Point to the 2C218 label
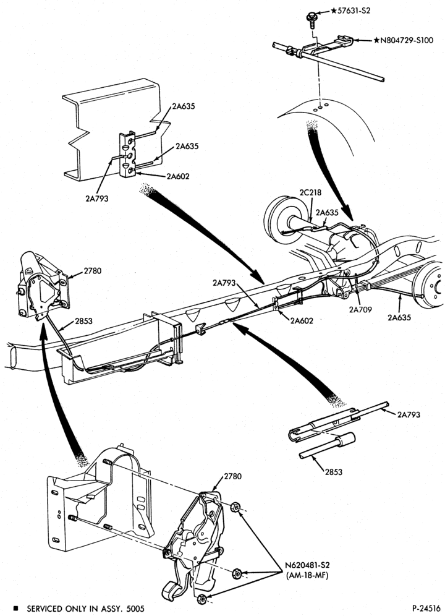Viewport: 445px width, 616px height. [x=310, y=193]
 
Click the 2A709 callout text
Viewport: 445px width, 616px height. [x=360, y=309]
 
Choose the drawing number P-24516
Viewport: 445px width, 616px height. [x=426, y=609]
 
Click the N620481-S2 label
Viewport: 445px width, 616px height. [x=307, y=565]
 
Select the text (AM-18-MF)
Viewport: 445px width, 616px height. [x=307, y=576]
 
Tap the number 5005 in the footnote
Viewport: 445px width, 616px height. [x=135, y=609]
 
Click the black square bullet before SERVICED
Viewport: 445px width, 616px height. [x=15, y=609]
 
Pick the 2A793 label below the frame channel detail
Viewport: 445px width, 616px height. [x=96, y=199]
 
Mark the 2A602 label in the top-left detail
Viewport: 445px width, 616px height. [x=177, y=176]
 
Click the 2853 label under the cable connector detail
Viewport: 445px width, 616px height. [x=334, y=472]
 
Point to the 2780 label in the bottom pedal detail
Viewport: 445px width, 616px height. [x=233, y=477]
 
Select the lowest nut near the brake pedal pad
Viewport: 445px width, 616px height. [x=202, y=599]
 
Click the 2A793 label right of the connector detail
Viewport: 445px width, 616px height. [x=409, y=414]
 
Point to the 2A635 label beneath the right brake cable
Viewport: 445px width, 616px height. [x=399, y=317]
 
